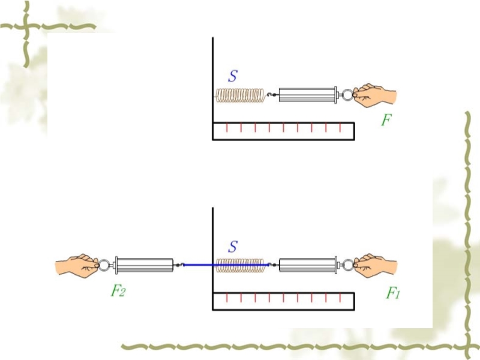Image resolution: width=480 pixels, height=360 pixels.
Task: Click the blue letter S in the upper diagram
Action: coord(233,76)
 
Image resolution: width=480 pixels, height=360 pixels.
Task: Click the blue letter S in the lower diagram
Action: coord(233,246)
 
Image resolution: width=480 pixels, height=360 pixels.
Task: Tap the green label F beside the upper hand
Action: coord(386,120)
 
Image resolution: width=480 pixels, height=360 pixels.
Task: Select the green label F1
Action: coord(392,293)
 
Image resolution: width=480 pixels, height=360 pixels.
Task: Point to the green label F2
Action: coord(118,292)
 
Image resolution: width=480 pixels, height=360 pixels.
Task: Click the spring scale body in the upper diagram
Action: coord(307,95)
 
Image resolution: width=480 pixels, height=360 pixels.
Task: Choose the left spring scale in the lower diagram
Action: coord(144,265)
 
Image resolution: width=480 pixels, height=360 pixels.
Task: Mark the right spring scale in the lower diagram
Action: coord(307,265)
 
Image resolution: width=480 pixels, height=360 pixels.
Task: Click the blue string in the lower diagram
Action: coord(198,264)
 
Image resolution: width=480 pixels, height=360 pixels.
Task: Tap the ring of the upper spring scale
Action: coord(347,94)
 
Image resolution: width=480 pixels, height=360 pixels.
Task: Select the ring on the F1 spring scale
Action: coord(347,264)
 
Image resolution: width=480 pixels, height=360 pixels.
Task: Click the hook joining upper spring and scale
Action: coord(271,95)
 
